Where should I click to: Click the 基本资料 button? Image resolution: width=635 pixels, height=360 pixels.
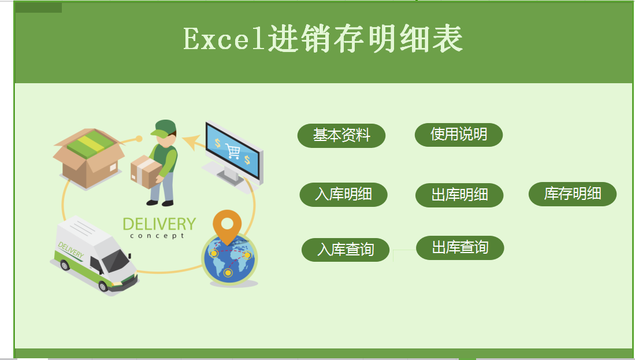341,135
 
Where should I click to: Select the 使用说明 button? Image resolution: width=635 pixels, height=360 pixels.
458,135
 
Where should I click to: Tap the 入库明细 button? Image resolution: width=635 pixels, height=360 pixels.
343,195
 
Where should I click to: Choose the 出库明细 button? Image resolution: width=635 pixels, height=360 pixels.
459,195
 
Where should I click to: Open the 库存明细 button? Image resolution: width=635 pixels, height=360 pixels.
573,194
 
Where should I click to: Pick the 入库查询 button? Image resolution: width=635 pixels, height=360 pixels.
346,250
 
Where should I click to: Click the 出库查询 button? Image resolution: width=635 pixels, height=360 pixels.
460,248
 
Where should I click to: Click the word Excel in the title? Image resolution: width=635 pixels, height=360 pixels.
224,39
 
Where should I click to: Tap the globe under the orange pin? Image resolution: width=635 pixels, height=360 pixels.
229,260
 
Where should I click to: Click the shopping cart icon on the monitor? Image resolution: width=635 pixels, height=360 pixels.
233,151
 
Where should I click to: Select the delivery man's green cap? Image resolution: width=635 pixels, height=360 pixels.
164,128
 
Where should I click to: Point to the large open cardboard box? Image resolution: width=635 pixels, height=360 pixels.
88,158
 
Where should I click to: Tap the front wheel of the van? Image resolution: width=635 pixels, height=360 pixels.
103,286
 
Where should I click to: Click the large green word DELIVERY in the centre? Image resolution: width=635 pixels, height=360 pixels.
159,224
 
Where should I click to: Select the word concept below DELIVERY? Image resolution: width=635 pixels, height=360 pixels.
157,236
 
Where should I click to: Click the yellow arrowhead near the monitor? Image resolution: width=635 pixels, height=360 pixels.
194,142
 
